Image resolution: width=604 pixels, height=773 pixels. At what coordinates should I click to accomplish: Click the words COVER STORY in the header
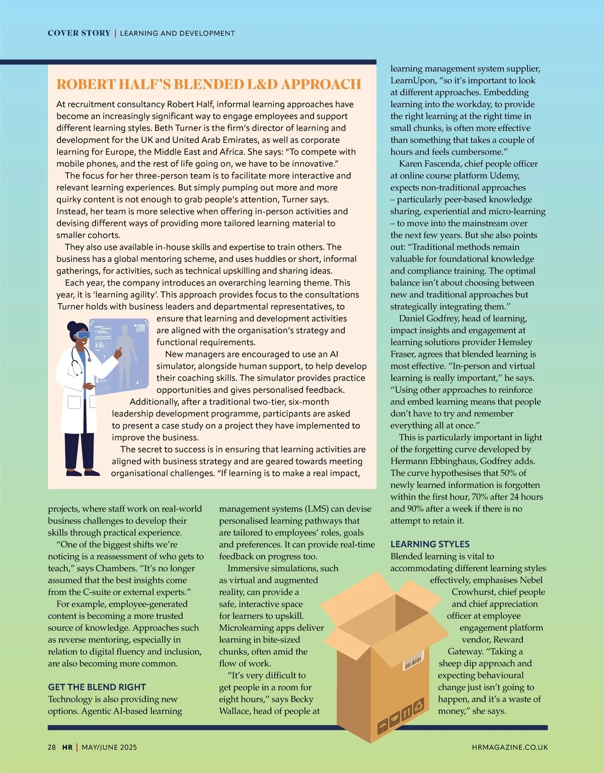pos(79,33)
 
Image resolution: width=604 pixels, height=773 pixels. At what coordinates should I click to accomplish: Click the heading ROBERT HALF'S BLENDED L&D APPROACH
pos(208,84)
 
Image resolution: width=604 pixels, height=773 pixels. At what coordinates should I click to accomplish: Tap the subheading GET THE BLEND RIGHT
pos(97,687)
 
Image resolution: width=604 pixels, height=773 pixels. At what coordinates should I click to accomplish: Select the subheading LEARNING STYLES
pos(430,544)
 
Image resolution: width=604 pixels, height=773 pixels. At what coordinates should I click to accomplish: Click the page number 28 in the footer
pos(52,747)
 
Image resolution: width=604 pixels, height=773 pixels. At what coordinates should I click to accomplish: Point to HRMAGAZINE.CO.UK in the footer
pos(510,747)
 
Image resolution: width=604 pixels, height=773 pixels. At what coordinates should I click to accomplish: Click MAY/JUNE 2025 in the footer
pos(109,747)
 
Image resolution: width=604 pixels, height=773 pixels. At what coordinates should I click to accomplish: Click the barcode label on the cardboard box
pos(413,662)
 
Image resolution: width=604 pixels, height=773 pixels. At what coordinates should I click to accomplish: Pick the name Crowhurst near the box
pos(473,592)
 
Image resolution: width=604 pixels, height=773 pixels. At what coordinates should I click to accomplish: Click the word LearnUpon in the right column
pos(412,81)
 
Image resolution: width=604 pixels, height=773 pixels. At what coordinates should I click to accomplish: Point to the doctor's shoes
pos(78,472)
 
